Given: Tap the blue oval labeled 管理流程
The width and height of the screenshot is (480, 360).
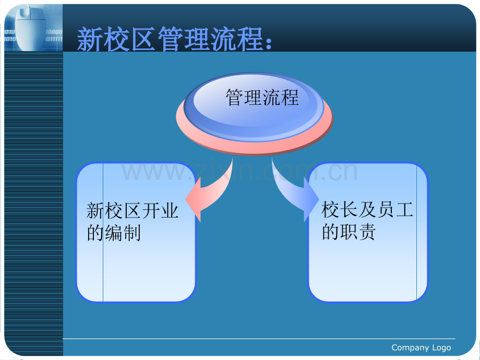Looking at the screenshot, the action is point(254,107).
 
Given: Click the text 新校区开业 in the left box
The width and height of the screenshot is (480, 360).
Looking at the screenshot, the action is point(132,211).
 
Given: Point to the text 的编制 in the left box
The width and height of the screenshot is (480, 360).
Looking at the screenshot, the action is point(114,233).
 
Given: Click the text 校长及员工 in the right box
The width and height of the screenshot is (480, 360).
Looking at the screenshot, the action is point(367,209).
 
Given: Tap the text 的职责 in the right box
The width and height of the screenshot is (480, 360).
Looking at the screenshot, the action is point(349,232).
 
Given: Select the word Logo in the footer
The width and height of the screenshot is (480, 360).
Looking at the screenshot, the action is point(441,348).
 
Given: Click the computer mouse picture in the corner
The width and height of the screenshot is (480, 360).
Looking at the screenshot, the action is point(31,28).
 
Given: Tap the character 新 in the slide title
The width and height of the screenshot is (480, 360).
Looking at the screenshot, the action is point(89,39).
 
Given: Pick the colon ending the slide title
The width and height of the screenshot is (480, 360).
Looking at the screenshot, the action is point(269,43).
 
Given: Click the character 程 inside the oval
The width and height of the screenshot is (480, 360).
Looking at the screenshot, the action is point(290,98).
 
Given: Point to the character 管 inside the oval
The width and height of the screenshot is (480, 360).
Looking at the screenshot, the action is point(235,98).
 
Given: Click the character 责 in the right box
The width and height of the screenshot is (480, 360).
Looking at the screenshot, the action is point(367,232).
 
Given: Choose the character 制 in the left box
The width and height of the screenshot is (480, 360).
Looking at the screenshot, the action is point(131,233).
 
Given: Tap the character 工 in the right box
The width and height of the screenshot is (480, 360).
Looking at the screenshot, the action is point(404,209).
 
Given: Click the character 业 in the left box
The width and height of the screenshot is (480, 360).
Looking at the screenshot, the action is point(170,211).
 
